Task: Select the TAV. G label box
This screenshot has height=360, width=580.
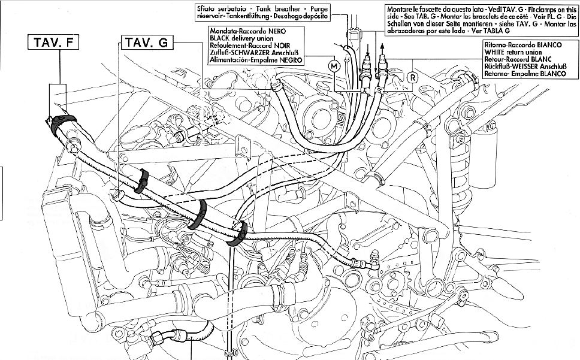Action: point(146,43)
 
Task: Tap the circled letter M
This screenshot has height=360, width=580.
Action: point(334,65)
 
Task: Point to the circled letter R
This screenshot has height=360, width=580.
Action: point(412,76)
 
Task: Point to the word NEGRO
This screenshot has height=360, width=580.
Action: point(289,60)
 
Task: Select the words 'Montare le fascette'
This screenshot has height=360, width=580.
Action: point(413,8)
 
